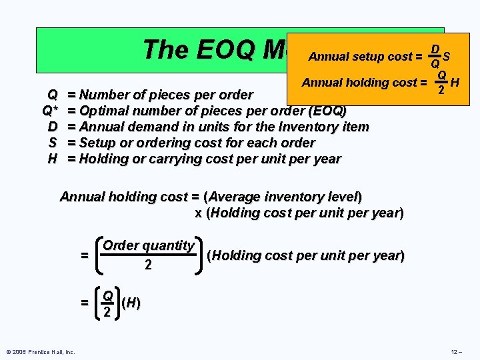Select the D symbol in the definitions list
[x=52, y=127]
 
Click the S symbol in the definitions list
[x=52, y=143]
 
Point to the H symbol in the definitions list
[x=52, y=159]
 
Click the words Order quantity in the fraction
[x=148, y=245]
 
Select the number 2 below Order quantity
[x=148, y=265]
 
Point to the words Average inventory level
[x=283, y=197]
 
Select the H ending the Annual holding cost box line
[x=455, y=83]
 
